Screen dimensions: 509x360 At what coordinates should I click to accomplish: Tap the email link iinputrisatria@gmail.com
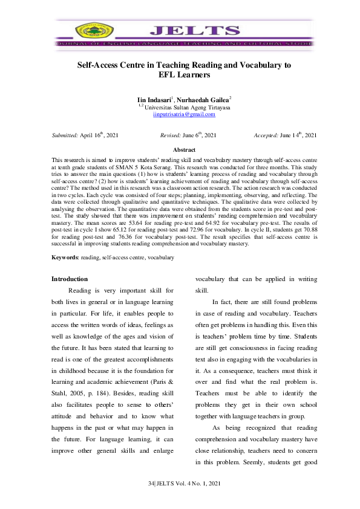point(184,114)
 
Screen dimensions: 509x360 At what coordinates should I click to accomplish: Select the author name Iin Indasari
point(154,99)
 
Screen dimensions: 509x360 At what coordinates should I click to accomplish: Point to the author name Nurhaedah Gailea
point(203,99)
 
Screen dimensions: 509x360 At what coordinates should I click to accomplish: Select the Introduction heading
point(70,279)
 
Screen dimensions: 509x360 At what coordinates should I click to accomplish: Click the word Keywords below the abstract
point(64,258)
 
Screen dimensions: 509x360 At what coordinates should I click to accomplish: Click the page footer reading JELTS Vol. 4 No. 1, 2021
point(183,486)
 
